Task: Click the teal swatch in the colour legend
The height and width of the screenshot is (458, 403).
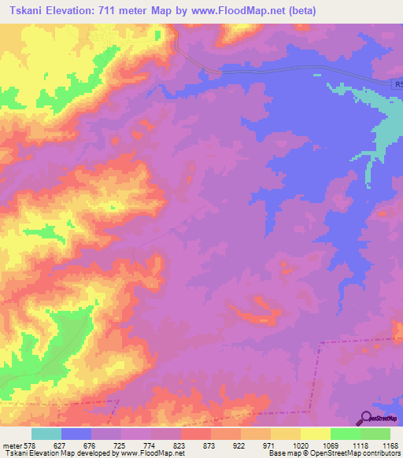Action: click(46, 434)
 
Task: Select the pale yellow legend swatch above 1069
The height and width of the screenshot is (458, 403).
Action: click(316, 434)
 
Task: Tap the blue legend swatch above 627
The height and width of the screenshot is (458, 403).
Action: click(76, 434)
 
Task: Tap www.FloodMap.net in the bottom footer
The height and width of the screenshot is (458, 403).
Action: click(153, 453)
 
